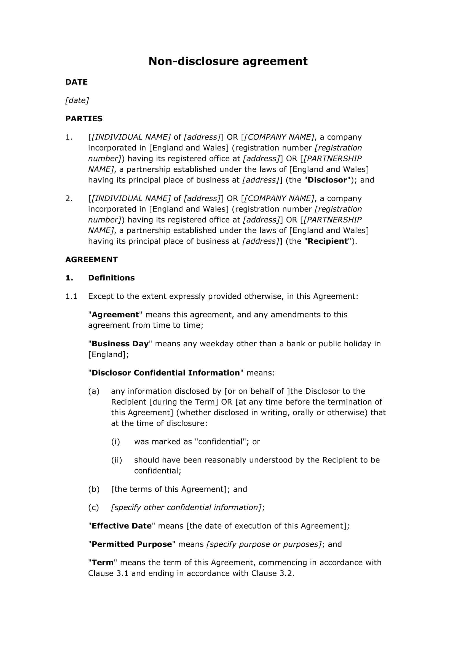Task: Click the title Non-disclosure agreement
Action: pos(228,61)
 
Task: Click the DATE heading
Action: pos(76,82)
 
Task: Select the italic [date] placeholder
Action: pos(77,100)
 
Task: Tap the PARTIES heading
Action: pos(84,119)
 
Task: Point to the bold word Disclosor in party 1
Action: pos(327,180)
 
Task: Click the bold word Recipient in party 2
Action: pos(328,241)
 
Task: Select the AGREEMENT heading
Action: pos(91,259)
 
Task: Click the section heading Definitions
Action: pos(111,278)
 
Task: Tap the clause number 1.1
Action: pos(71,296)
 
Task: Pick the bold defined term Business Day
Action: pos(120,344)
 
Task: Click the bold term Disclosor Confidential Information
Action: pos(166,373)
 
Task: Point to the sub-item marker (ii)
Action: pos(117,460)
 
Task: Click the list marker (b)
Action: pos(94,489)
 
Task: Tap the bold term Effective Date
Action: pos(121,526)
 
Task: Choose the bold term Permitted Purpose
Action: pos(132,544)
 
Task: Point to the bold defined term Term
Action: pos(103,563)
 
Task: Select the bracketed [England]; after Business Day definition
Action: pos(108,355)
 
